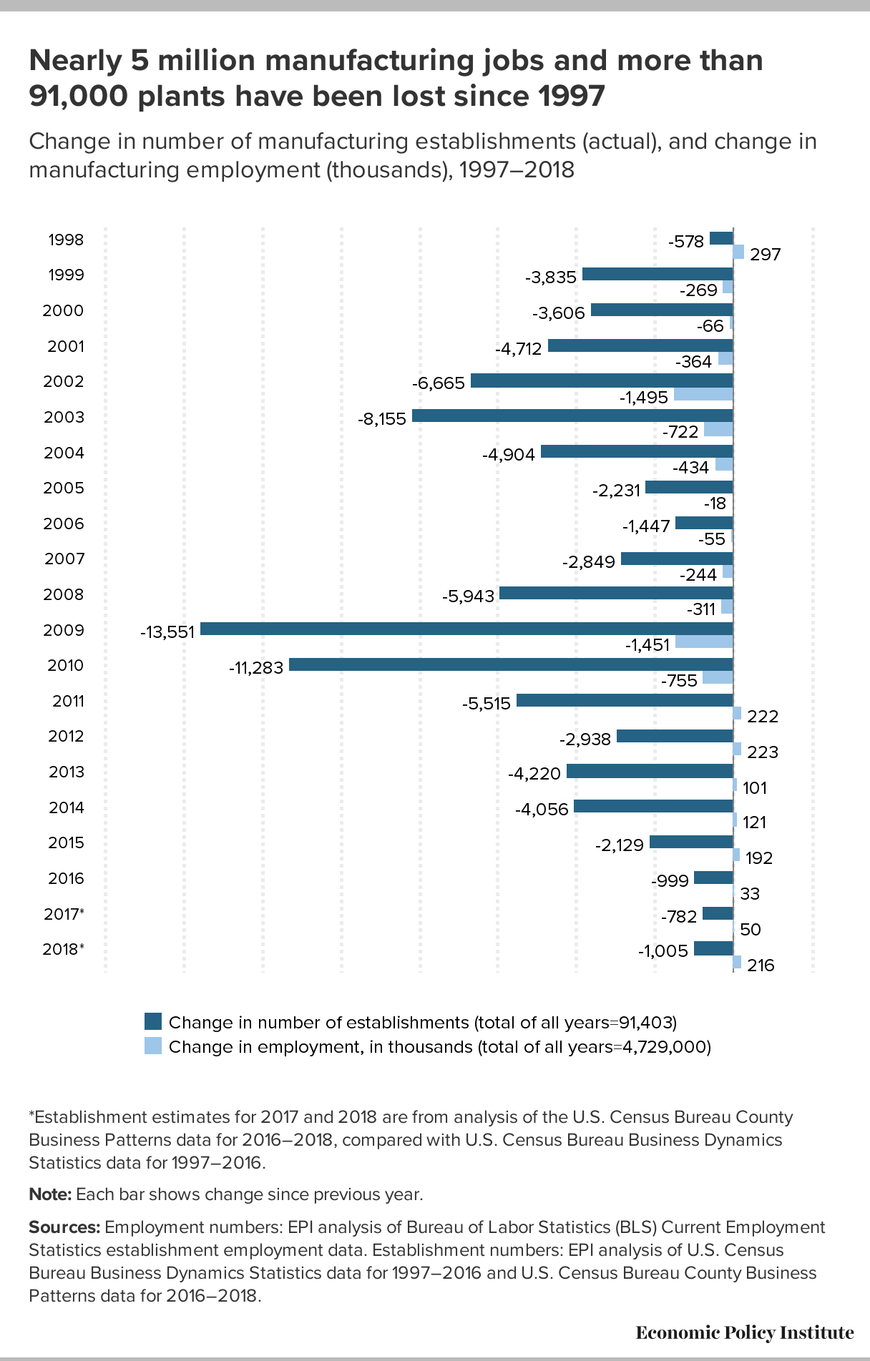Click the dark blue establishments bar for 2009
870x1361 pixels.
coord(466,629)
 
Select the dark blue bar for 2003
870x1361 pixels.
coord(572,416)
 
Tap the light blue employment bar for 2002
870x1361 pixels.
coord(703,394)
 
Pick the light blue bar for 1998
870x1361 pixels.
coord(738,252)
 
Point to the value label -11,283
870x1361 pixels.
coord(256,667)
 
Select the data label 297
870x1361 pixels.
coord(766,254)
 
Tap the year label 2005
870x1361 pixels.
coord(64,488)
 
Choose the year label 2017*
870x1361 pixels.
coord(64,914)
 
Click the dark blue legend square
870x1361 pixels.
coord(153,1021)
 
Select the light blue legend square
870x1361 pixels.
coord(153,1046)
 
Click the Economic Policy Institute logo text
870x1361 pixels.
coord(745,1332)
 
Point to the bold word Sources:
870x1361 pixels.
coord(64,1227)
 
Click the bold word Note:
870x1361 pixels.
coord(50,1194)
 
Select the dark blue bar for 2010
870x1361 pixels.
coord(511,664)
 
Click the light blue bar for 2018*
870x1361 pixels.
coord(738,963)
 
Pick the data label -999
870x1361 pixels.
coord(670,880)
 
